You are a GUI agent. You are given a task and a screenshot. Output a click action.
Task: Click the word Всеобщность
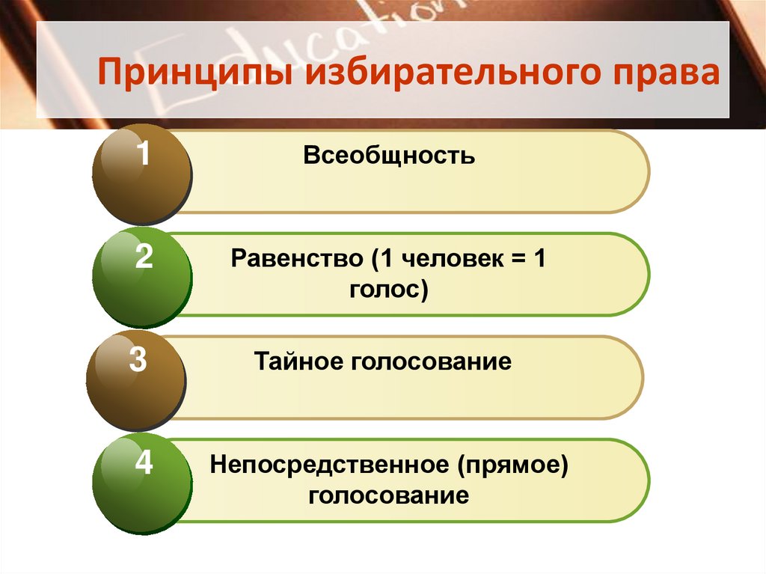pyautogui.click(x=389, y=156)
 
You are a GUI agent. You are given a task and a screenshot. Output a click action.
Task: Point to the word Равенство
pyautogui.click(x=296, y=259)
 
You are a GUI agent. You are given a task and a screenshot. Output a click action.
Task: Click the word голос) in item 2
pyautogui.click(x=389, y=289)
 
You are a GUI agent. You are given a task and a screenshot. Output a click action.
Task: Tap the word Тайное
pyautogui.click(x=295, y=362)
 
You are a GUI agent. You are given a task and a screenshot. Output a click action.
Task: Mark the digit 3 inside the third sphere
pyautogui.click(x=138, y=360)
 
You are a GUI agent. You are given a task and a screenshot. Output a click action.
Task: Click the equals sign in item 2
pyautogui.click(x=515, y=260)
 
